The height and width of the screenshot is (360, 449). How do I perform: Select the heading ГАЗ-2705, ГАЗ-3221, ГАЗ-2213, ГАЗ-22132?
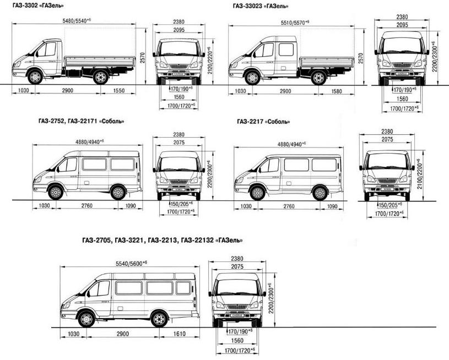pyautogui.click(x=161, y=241)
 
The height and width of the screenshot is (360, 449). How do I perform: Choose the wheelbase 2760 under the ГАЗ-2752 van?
pyautogui.click(x=84, y=206)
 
